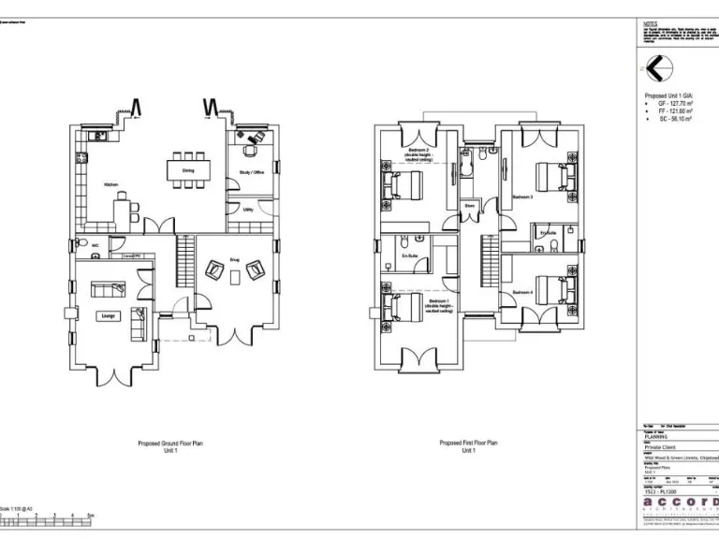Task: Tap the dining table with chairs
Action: (x=188, y=169)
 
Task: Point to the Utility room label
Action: (x=248, y=210)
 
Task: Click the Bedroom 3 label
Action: (x=522, y=197)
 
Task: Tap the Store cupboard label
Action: (x=469, y=205)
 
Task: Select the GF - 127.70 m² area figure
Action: (x=674, y=105)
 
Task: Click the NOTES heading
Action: (x=651, y=24)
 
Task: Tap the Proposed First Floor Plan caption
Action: (x=469, y=445)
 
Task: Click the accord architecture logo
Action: (x=678, y=503)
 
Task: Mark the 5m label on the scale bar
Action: (x=91, y=515)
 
